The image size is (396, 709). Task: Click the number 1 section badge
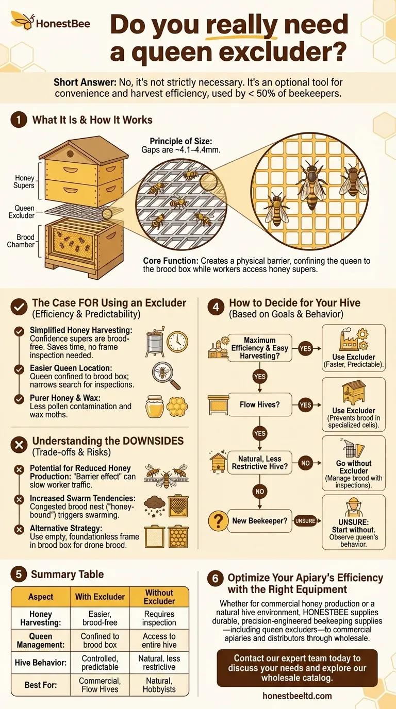(19, 120)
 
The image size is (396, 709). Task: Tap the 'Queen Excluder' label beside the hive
(21, 212)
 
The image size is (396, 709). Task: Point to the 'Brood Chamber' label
(21, 241)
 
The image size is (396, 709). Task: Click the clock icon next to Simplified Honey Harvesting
(177, 342)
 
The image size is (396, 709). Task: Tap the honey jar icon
(155, 406)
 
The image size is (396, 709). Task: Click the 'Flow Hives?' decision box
(259, 404)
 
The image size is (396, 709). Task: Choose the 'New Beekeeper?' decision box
(259, 520)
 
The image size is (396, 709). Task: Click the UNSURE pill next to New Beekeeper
(305, 520)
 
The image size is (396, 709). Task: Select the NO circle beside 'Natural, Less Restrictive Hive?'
(305, 463)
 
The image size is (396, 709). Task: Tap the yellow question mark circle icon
(218, 520)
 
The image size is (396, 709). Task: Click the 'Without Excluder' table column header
(159, 597)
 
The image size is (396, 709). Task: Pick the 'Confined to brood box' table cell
(100, 640)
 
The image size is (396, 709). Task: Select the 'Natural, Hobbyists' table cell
(159, 685)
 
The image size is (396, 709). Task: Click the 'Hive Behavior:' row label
(41, 663)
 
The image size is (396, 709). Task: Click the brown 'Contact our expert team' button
(297, 668)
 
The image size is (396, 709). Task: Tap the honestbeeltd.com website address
(297, 696)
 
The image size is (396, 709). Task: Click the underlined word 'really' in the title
(241, 25)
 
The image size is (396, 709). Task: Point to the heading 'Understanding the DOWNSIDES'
(108, 441)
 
